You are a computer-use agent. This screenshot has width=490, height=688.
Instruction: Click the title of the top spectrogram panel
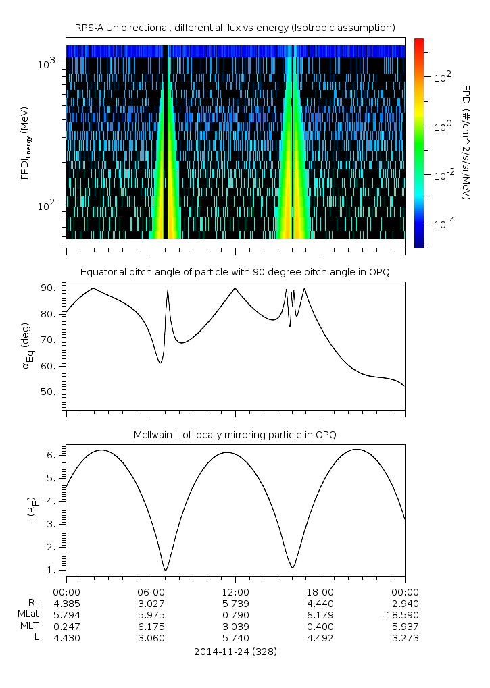point(235,28)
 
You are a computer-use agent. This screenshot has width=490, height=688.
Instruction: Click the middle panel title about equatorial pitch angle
point(235,272)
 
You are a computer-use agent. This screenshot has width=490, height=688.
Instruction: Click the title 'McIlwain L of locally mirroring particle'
point(235,435)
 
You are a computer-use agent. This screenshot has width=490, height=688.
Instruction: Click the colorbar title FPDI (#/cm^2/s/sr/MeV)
point(466,142)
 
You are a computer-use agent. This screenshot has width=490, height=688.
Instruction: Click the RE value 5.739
point(235,603)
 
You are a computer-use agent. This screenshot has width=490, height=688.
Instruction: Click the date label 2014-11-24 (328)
point(235,652)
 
